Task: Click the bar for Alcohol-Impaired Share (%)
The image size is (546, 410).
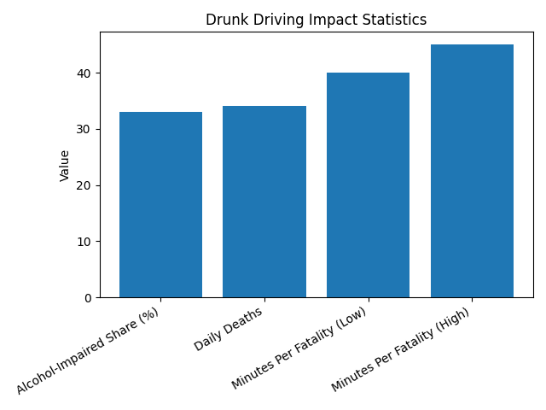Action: (x=160, y=205)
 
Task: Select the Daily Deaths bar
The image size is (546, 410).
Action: (x=264, y=202)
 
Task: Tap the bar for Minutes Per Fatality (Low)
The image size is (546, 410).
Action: (x=368, y=184)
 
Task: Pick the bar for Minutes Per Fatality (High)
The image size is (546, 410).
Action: (x=472, y=171)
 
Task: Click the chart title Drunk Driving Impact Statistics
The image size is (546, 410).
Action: (x=316, y=20)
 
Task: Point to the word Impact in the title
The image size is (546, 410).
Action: (x=332, y=20)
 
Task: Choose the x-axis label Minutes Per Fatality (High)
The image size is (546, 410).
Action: (x=402, y=349)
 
